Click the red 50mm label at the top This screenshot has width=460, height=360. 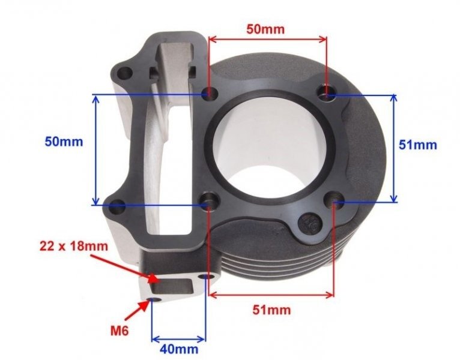[265, 28]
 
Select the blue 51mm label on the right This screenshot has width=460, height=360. [418, 145]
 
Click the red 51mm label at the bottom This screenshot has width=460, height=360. [271, 310]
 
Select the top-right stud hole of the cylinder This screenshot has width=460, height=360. [326, 94]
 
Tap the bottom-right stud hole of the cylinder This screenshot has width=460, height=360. [334, 204]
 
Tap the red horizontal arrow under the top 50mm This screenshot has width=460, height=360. [267, 39]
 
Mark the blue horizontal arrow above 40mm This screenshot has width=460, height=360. [178, 337]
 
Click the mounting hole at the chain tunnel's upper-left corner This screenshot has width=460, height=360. [125, 74]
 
